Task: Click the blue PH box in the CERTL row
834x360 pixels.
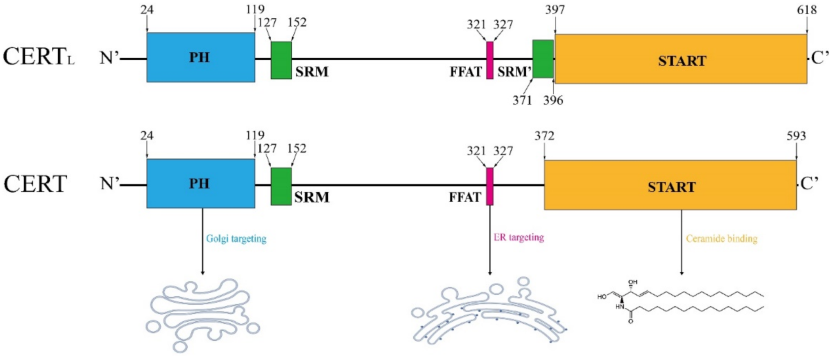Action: pyautogui.click(x=201, y=57)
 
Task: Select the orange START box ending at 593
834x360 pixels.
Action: pyautogui.click(x=670, y=186)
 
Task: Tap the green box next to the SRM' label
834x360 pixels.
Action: pyautogui.click(x=543, y=59)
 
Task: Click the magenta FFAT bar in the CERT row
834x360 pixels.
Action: pyautogui.click(x=490, y=186)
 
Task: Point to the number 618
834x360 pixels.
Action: pyautogui.click(x=807, y=10)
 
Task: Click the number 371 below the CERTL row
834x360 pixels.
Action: pyautogui.click(x=522, y=100)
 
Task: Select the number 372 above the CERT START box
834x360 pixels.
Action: pyautogui.click(x=544, y=136)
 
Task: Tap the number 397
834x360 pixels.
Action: pyautogui.click(x=555, y=10)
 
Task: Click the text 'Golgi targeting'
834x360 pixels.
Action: pyautogui.click(x=236, y=239)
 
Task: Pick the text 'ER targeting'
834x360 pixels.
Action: pyautogui.click(x=518, y=237)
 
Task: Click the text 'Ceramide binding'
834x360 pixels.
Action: pyautogui.click(x=721, y=239)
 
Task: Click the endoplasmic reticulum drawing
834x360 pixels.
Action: pyautogui.click(x=489, y=312)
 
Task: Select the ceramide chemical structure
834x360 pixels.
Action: pyautogui.click(x=680, y=302)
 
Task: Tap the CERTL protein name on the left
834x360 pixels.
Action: pyautogui.click(x=39, y=57)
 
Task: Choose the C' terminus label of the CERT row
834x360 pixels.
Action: pyautogui.click(x=809, y=184)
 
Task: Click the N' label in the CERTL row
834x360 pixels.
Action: pyautogui.click(x=109, y=58)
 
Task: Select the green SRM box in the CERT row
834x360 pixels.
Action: pyautogui.click(x=281, y=186)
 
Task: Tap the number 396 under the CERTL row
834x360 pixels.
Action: pyautogui.click(x=553, y=100)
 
